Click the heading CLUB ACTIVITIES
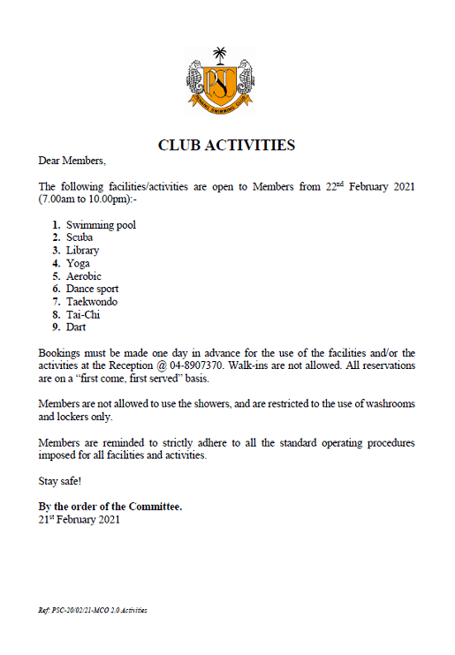(x=226, y=146)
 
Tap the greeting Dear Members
(x=72, y=161)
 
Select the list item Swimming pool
(x=101, y=225)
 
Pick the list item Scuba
(x=80, y=237)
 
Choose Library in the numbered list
(x=82, y=251)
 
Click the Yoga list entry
(x=78, y=263)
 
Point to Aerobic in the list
(x=84, y=276)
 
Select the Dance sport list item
(x=92, y=289)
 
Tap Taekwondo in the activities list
(x=91, y=302)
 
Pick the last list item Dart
(x=77, y=327)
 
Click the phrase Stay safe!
(x=59, y=481)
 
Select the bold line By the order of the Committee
(x=110, y=507)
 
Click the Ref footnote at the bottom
(x=92, y=610)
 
